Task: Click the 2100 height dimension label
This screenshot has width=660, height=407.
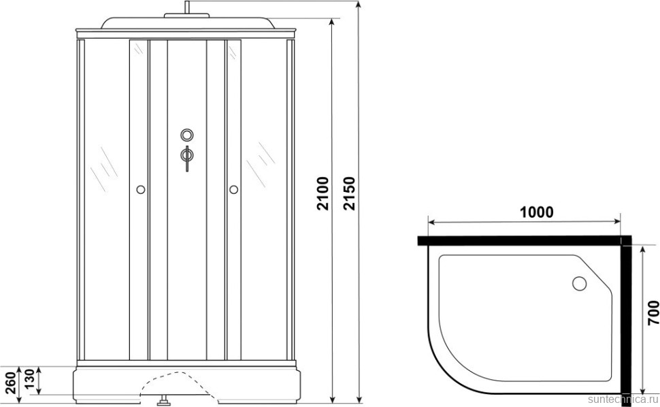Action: pos(323,193)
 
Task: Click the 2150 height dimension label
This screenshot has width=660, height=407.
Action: pos(350,193)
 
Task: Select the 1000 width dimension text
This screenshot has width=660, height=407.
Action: pos(537,212)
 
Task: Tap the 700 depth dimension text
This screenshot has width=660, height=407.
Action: pos(653,312)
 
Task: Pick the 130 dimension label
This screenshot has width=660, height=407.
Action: pos(29,380)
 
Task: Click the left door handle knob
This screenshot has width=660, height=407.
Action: pos(141,189)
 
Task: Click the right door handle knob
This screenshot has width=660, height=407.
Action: pos(233,189)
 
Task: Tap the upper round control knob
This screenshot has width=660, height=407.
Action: pos(187,135)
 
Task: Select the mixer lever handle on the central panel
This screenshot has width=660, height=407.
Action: pos(187,159)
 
